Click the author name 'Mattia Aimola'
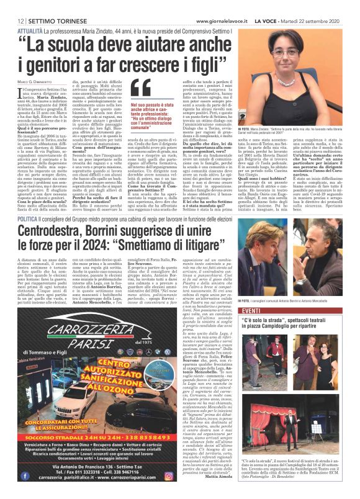pyautogui.click(x=219, y=477)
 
